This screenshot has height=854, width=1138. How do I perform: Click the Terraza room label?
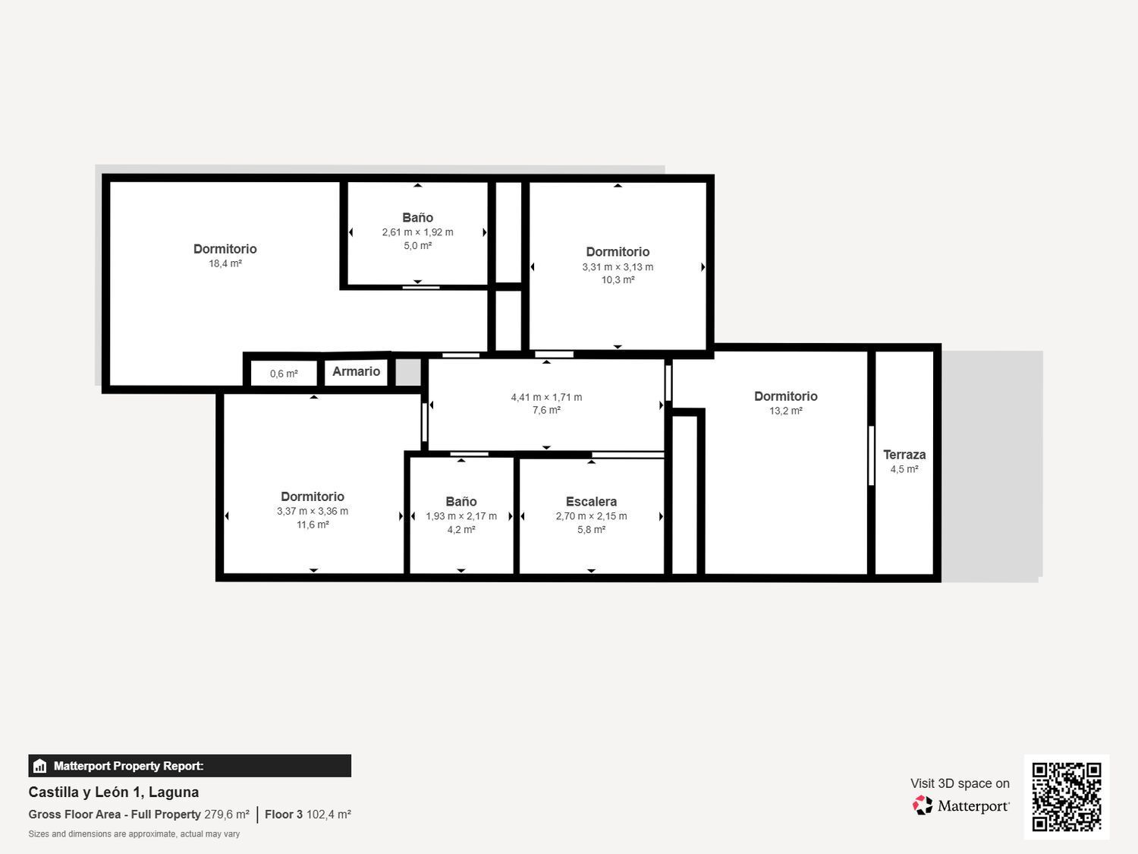(904, 455)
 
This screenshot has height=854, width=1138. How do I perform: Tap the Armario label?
(356, 371)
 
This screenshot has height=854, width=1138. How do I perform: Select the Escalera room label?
(591, 502)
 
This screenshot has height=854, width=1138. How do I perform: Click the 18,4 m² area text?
(225, 263)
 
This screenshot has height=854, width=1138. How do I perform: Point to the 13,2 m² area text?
(785, 411)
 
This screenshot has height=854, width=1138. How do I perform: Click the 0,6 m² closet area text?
(284, 373)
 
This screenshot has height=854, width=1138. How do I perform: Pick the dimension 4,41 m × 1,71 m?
(546, 397)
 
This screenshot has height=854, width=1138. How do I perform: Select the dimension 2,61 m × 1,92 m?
(417, 232)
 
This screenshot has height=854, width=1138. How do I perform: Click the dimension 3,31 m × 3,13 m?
(618, 267)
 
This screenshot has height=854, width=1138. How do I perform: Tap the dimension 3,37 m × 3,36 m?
(313, 511)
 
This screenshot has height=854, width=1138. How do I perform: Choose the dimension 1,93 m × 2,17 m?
(461, 516)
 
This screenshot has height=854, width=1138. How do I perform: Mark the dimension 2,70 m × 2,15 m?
(591, 516)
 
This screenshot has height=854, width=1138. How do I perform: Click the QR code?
(1066, 796)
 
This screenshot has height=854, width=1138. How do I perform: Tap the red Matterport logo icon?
(923, 805)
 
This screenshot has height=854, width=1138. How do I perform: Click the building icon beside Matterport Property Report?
(40, 766)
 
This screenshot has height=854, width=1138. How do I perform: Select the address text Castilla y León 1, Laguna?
(114, 792)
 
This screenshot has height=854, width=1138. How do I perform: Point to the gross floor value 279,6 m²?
(227, 815)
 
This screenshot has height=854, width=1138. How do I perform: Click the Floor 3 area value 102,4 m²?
(329, 815)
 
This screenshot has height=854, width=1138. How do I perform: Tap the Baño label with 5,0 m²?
(417, 218)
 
